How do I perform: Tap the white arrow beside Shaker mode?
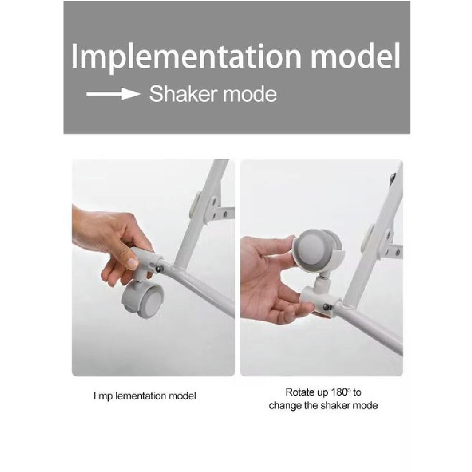coord(113,94)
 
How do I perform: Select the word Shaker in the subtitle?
coord(183,94)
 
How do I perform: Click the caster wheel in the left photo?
coord(142,298)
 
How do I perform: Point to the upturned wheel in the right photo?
coord(317,250)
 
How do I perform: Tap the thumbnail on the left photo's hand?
coord(132,263)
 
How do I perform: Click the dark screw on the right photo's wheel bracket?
coord(327,308)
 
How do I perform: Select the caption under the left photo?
coord(144,395)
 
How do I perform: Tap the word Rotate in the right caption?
coord(300,392)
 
